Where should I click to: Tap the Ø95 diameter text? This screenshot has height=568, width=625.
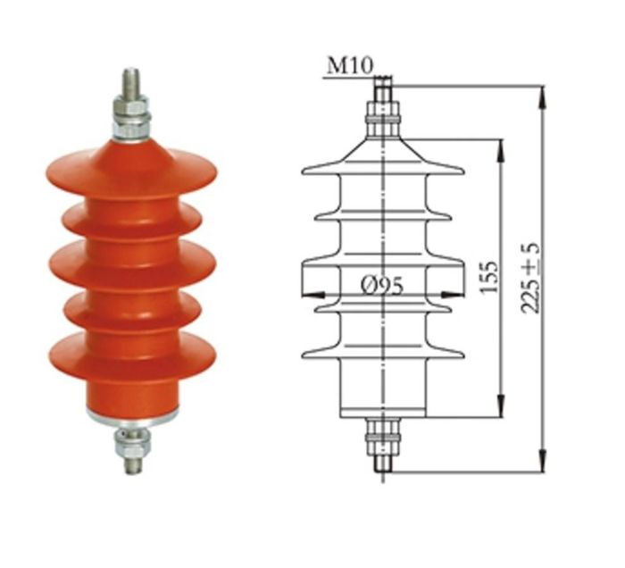click(381, 286)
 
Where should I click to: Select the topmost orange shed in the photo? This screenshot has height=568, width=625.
click(131, 170)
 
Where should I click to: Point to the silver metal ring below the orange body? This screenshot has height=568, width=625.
click(131, 416)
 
